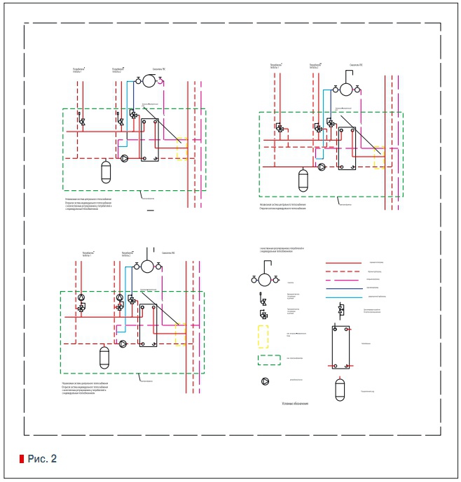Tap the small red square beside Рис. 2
(x=21, y=459)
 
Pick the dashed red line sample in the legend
(x=348, y=270)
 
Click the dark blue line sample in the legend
(x=348, y=288)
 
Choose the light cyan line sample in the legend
(x=348, y=297)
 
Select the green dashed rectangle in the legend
(x=271, y=360)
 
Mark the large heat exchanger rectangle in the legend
(x=344, y=345)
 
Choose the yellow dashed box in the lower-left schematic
(x=180, y=334)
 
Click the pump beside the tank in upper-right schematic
(x=321, y=168)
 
